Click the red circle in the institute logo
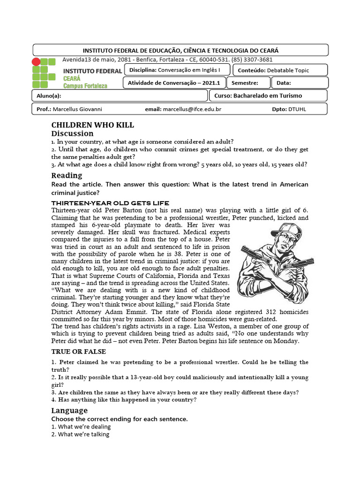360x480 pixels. click(36, 62)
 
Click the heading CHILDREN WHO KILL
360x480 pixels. click(92, 125)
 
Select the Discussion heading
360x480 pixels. click(72, 134)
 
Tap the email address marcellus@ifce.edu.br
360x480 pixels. click(192, 109)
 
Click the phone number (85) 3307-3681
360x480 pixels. click(251, 60)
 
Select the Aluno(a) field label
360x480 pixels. click(49, 96)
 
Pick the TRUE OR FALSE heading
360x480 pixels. click(78, 352)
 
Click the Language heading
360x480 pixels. click(69, 411)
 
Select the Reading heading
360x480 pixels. click(66, 175)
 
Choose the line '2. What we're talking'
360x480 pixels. click(80, 435)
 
